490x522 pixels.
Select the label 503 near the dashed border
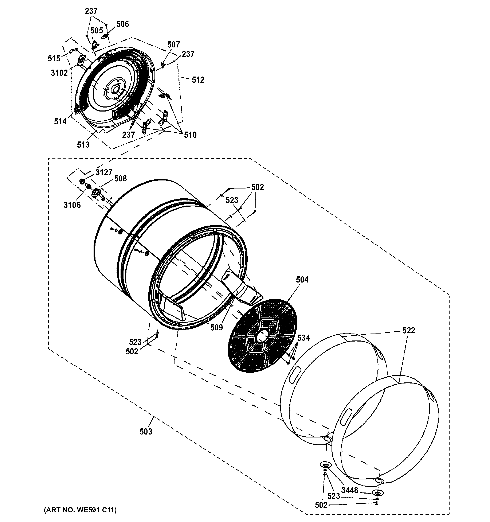(x=146, y=431)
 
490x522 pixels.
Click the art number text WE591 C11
(x=80, y=510)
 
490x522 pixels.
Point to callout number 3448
(x=350, y=490)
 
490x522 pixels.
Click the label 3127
(x=104, y=172)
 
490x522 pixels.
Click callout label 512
(x=198, y=80)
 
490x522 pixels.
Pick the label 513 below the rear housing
(x=83, y=144)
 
